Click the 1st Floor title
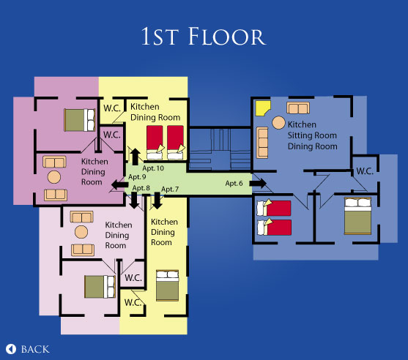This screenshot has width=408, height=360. [204, 36]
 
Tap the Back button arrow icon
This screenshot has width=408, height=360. [11, 349]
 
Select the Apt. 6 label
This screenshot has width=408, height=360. [234, 183]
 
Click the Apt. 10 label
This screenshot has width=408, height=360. [153, 168]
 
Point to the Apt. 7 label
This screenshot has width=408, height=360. [170, 189]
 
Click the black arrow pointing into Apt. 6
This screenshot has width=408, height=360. [258, 183]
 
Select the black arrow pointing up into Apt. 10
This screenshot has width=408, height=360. [135, 157]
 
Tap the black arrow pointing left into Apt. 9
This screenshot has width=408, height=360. [119, 185]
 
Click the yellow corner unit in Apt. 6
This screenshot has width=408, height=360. [263, 108]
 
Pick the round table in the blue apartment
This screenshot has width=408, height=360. [278, 122]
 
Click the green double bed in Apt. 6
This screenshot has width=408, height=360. [357, 216]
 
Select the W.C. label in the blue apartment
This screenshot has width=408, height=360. [365, 171]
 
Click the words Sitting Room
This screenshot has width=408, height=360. [312, 135]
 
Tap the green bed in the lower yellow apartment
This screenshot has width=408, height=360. [167, 285]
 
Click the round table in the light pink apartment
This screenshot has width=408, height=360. [81, 232]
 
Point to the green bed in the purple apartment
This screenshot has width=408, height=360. [80, 120]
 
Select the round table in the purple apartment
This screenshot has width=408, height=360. [54, 177]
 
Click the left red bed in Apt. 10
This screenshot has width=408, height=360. [155, 143]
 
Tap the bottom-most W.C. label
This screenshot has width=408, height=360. [133, 302]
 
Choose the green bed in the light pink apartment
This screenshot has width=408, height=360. [100, 287]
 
